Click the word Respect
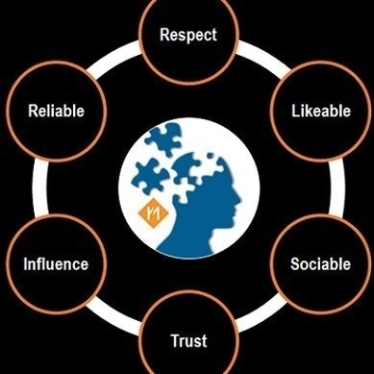187,37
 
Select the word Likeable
319,111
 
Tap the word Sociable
320,263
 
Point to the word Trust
188,340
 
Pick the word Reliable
57,111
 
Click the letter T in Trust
174,340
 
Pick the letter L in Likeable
293,111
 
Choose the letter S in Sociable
292,263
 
